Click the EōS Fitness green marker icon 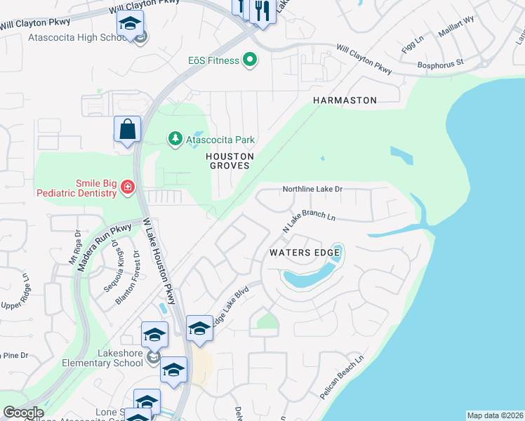[x=248, y=60]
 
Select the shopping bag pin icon [x=127, y=130]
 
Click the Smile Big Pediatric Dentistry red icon [x=127, y=187]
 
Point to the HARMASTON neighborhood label [x=345, y=100]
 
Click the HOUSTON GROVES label [x=229, y=161]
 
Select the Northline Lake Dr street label [x=312, y=189]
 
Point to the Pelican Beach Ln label [x=342, y=377]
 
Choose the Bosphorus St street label [x=440, y=62]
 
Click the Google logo [x=23, y=413]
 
